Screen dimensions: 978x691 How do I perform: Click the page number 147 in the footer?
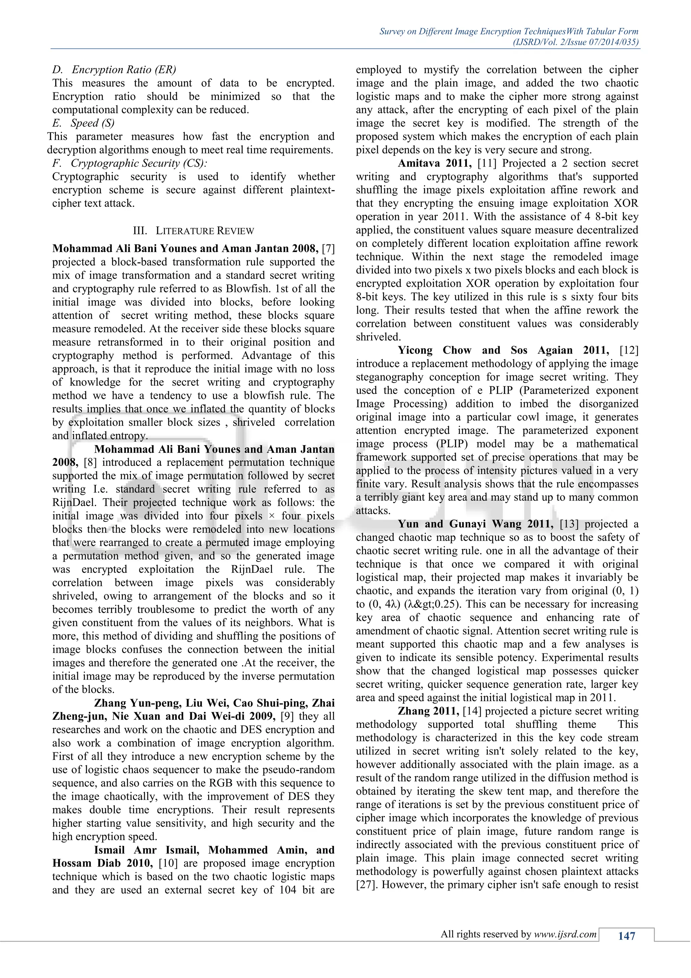[626, 936]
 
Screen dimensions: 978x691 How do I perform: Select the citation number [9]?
[287, 716]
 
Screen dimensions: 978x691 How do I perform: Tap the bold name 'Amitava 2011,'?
[435, 163]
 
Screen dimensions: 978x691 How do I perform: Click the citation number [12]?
[629, 350]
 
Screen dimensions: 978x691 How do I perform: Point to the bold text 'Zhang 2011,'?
[428, 711]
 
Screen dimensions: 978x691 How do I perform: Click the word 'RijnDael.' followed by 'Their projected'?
[75, 502]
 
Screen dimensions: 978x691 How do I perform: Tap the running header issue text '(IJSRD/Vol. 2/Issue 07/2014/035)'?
[575, 42]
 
